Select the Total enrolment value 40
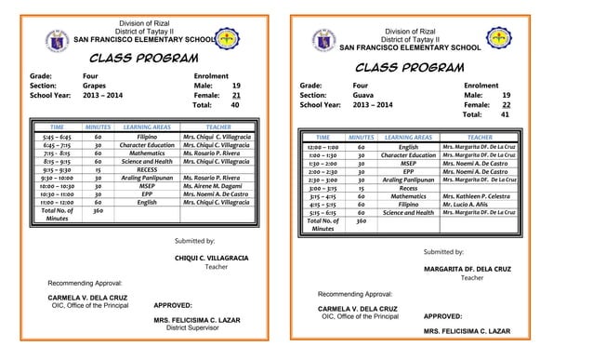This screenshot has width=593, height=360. pos(235,105)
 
